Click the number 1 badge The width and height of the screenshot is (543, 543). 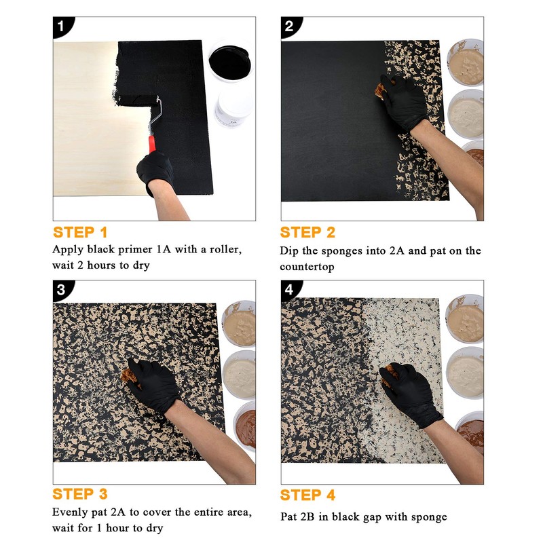point(62,27)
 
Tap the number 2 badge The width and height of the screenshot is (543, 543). point(290,27)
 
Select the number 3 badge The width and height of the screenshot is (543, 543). point(62,291)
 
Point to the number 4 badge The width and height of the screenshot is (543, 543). point(290,291)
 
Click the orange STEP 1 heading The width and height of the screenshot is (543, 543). point(80,232)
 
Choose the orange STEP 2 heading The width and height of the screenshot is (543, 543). point(307,232)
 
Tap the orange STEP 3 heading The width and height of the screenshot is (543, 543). point(80,494)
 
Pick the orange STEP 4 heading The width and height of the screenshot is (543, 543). point(307,494)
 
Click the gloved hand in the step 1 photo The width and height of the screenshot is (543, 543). point(156,173)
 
